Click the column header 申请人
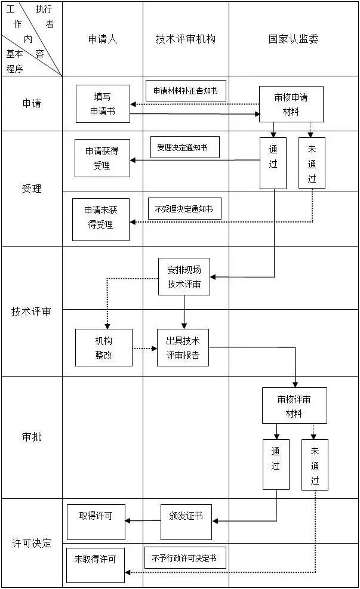[103, 39]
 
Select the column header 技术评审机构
[186, 39]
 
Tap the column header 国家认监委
[293, 39]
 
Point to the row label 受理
[32, 189]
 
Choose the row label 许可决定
[32, 543]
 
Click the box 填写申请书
[102, 103]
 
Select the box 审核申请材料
[291, 104]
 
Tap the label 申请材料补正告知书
[186, 91]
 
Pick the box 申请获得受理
[101, 158]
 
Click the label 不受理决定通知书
[184, 209]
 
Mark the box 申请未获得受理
[101, 219]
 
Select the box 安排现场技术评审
[184, 276]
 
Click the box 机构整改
[103, 347]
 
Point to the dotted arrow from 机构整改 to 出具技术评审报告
[144, 348]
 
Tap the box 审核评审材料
[294, 406]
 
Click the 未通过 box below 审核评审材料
[315, 465]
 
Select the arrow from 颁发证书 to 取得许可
[143, 521]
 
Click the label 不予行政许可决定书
[184, 558]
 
